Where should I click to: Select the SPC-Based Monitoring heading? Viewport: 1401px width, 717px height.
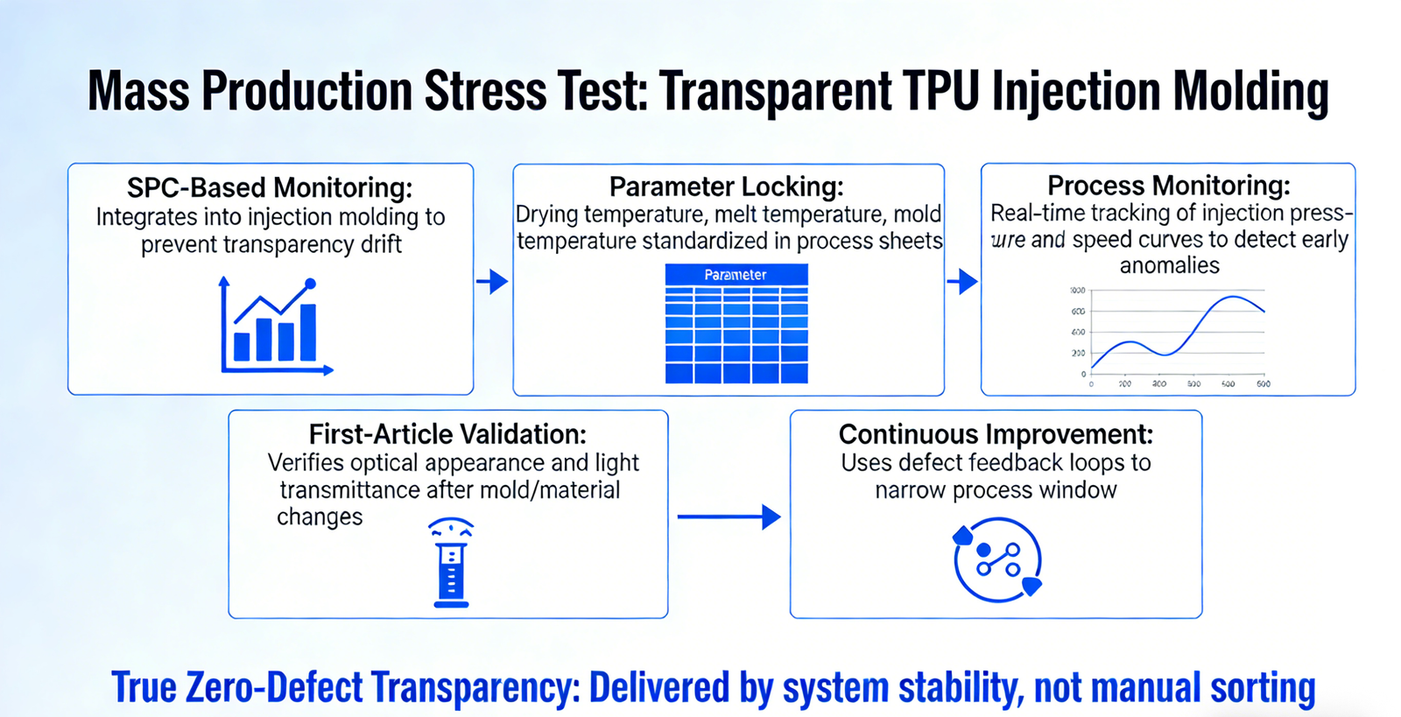(270, 187)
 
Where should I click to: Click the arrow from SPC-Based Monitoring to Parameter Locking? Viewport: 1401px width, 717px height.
(493, 282)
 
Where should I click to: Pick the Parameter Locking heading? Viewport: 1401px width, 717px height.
(727, 186)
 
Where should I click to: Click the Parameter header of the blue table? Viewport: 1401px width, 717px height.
(736, 275)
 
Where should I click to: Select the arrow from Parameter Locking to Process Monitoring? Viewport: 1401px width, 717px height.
(962, 282)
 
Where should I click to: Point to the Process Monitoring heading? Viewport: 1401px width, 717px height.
(1169, 186)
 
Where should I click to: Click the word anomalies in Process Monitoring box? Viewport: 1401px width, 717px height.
(1169, 265)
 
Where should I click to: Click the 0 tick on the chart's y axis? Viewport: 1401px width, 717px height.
(1083, 374)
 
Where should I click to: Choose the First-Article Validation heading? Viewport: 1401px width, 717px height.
(447, 434)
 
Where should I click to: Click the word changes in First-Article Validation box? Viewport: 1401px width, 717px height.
(320, 517)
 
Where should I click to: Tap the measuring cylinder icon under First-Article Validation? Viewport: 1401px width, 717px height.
(451, 562)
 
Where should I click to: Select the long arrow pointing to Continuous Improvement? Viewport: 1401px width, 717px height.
(729, 517)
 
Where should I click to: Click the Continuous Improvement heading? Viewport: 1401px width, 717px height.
(996, 434)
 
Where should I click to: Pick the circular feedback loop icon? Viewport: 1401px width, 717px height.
(997, 560)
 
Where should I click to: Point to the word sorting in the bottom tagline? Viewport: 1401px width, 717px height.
(1263, 688)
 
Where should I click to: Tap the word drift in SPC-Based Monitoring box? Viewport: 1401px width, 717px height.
(381, 244)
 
